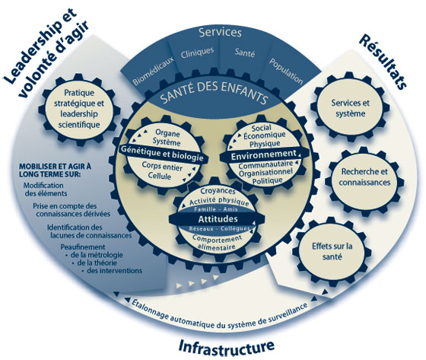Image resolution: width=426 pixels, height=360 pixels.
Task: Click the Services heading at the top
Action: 220,33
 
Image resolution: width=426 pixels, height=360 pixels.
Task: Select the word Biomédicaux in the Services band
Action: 153,71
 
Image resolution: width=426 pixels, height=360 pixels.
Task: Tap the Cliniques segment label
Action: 197,53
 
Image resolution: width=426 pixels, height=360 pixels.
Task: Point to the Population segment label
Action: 286,72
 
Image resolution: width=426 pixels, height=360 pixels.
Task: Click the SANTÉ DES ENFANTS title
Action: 214,92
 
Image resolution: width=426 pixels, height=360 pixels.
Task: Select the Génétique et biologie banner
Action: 162,153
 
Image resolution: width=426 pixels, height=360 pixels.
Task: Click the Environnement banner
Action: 263,155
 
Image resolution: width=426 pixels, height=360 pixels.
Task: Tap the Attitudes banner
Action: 218,219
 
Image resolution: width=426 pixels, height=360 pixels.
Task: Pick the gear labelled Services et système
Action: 350,108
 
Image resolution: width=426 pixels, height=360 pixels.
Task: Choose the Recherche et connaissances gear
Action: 364,177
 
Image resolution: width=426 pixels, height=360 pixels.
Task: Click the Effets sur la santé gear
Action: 332,251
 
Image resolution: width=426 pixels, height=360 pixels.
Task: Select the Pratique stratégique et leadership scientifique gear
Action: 78,109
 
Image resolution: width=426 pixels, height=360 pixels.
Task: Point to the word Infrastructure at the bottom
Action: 227,347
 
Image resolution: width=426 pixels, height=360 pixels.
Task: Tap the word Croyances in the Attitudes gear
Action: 218,190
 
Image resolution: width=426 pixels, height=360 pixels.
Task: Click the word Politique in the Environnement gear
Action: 267,180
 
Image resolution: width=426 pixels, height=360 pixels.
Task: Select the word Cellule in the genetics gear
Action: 160,176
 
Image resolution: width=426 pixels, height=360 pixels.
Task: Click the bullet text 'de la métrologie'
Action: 97,255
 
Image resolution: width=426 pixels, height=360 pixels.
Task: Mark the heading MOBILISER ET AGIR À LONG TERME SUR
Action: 55,170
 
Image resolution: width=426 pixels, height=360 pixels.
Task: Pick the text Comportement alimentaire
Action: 217,242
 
